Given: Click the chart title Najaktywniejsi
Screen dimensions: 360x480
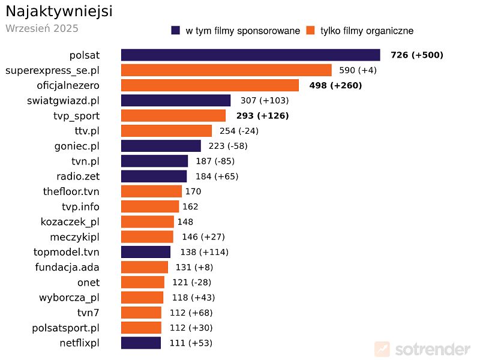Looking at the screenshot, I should click(59, 11).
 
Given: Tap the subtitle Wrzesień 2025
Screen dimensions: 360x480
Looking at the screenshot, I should click(42, 28).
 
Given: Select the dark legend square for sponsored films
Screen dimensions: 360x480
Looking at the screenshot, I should click(176, 31).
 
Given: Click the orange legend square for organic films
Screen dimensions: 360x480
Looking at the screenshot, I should click(311, 31).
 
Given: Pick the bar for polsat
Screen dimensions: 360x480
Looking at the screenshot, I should click(250, 55).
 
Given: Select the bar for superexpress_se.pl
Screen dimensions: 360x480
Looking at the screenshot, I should click(226, 70).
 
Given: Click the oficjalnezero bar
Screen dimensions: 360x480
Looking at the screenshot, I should click(209, 85).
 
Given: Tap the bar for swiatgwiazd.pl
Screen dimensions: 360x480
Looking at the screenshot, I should click(176, 100).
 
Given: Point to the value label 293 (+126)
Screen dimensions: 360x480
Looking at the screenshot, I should click(262, 116).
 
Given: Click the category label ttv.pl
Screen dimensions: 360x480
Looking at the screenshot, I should click(83, 131).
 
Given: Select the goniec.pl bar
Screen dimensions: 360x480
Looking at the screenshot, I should click(161, 146).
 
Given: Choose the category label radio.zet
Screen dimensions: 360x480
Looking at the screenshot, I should click(78, 176).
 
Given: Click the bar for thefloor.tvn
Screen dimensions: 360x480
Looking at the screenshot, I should click(151, 191).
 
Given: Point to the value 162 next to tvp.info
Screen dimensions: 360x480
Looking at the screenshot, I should click(190, 206).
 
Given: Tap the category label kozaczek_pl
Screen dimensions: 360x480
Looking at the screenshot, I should click(70, 222).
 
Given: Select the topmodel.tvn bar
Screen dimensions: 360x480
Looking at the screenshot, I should click(146, 252).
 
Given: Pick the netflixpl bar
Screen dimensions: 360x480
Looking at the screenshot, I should click(141, 343).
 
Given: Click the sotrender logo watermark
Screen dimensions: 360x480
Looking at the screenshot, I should click(422, 349).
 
